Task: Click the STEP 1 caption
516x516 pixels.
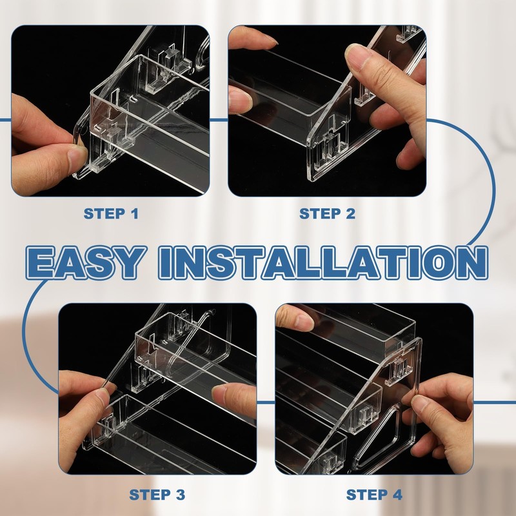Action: [x=111, y=213]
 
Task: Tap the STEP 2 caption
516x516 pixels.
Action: [x=327, y=213]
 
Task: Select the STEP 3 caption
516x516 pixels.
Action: [x=157, y=495]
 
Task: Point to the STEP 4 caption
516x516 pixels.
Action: [x=374, y=495]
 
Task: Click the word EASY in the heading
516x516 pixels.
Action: [x=86, y=263]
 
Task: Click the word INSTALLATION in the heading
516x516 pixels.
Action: [x=323, y=263]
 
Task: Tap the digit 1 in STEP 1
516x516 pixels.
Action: [x=135, y=213]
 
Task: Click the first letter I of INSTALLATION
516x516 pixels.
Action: [x=166, y=263]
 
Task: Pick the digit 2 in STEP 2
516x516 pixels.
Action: [x=350, y=213]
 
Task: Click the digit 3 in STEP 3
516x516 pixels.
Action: [x=181, y=495]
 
